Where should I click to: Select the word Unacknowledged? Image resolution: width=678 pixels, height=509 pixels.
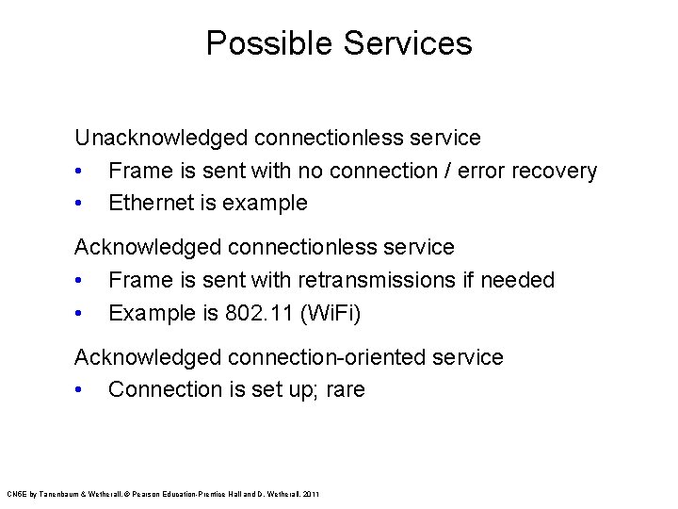click(x=159, y=138)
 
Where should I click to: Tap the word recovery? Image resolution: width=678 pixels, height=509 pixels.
click(x=552, y=171)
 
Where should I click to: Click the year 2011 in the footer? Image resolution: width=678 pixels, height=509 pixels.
click(x=313, y=494)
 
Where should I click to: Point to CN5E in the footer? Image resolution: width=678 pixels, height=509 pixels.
click(x=17, y=494)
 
